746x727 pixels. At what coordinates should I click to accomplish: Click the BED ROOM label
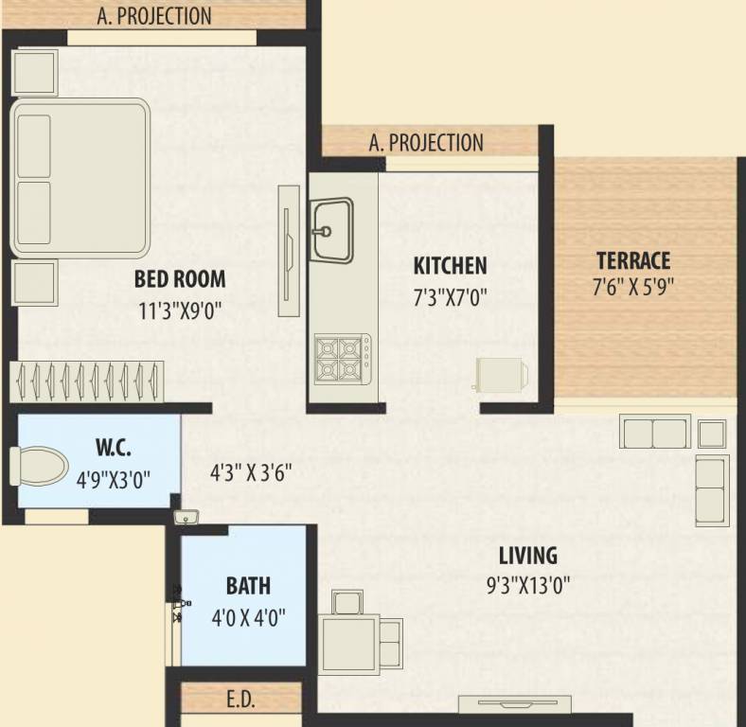pos(180,279)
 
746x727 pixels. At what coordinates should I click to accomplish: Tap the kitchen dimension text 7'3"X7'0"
pos(450,298)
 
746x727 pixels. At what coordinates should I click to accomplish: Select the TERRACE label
pos(633,260)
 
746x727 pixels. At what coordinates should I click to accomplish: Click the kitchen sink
pos(331,228)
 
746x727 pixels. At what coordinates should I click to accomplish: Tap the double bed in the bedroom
pos(81,177)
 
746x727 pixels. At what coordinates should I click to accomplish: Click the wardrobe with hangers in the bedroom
pos(88,381)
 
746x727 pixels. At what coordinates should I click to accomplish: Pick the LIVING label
pos(528,556)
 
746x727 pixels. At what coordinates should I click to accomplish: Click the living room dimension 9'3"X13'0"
pos(528,584)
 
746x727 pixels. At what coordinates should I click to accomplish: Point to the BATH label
pos(248,587)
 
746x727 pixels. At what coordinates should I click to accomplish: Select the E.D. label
pos(240,700)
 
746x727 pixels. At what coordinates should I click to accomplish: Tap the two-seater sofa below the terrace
pos(654,432)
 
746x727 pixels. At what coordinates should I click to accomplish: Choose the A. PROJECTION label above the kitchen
pos(426,143)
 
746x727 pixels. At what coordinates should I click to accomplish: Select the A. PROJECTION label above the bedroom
pos(154,16)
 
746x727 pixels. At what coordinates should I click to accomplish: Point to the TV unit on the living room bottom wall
pos(515,703)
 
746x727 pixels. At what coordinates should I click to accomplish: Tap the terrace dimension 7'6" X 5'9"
pos(633,288)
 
